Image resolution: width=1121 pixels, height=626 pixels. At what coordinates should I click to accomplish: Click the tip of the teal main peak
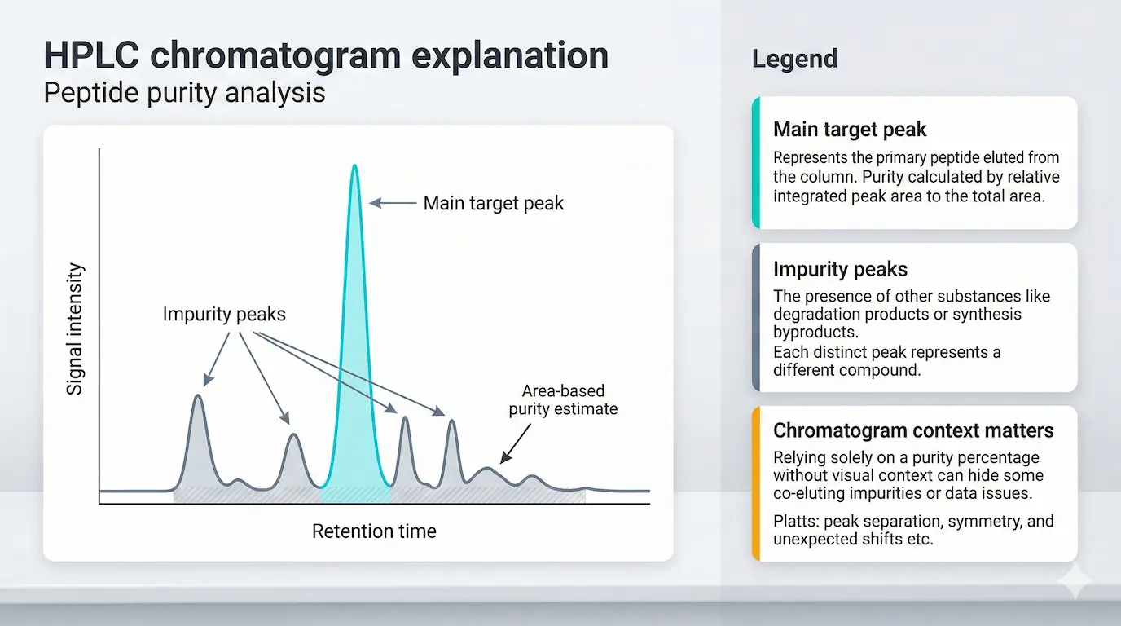pyautogui.click(x=354, y=167)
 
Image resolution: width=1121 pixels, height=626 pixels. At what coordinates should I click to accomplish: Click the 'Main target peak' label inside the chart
pyautogui.click(x=493, y=203)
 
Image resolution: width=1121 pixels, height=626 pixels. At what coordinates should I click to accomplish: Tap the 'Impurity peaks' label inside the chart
pyautogui.click(x=224, y=314)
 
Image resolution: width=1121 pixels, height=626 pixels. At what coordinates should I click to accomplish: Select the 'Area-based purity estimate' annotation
pyautogui.click(x=563, y=400)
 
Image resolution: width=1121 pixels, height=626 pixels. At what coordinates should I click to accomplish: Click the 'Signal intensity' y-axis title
pyautogui.click(x=75, y=328)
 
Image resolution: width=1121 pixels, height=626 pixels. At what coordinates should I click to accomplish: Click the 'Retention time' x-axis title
pyautogui.click(x=374, y=531)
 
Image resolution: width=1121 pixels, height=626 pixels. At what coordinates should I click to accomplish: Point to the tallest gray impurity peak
pyautogui.click(x=197, y=398)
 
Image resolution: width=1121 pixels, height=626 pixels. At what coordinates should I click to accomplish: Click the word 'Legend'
pyautogui.click(x=794, y=59)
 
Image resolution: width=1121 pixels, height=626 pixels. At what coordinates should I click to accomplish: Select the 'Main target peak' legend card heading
pyautogui.click(x=850, y=130)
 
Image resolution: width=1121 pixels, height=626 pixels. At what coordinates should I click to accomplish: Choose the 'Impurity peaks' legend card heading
pyautogui.click(x=840, y=270)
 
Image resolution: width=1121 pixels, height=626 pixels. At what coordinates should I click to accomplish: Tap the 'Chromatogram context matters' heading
pyautogui.click(x=913, y=430)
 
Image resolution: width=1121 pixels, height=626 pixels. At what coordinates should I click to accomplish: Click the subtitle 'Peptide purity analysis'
pyautogui.click(x=184, y=92)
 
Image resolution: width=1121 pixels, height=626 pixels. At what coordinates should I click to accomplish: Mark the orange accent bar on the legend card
pyautogui.click(x=756, y=483)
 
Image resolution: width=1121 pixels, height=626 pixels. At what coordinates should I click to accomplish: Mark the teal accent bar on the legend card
pyautogui.click(x=756, y=162)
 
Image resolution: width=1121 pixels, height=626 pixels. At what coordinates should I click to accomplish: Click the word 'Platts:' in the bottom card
pyautogui.click(x=795, y=521)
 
